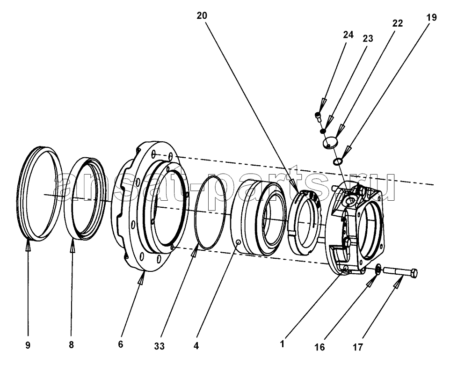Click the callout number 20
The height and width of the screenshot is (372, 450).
[x=202, y=16]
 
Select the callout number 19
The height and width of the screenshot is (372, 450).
[x=431, y=17]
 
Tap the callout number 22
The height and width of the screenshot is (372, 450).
[x=398, y=23]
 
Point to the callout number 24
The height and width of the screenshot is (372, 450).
[x=348, y=35]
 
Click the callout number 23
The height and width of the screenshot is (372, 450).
[x=368, y=38]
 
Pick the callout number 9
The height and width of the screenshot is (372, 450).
[x=28, y=345]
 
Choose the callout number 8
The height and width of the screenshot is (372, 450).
[x=71, y=344]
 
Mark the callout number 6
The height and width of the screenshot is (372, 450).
[x=121, y=344]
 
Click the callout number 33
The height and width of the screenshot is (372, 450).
[x=160, y=346]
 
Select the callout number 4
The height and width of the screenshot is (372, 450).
[x=196, y=346]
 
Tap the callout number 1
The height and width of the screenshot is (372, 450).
[x=283, y=344]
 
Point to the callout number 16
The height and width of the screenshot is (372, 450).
[x=319, y=347]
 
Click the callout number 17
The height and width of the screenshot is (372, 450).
[x=357, y=348]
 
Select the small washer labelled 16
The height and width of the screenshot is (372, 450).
[x=378, y=269]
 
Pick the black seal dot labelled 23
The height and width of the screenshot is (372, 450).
[x=323, y=131]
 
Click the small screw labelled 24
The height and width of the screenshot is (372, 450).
[x=317, y=116]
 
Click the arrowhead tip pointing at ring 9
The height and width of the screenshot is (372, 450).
[x=28, y=241]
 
